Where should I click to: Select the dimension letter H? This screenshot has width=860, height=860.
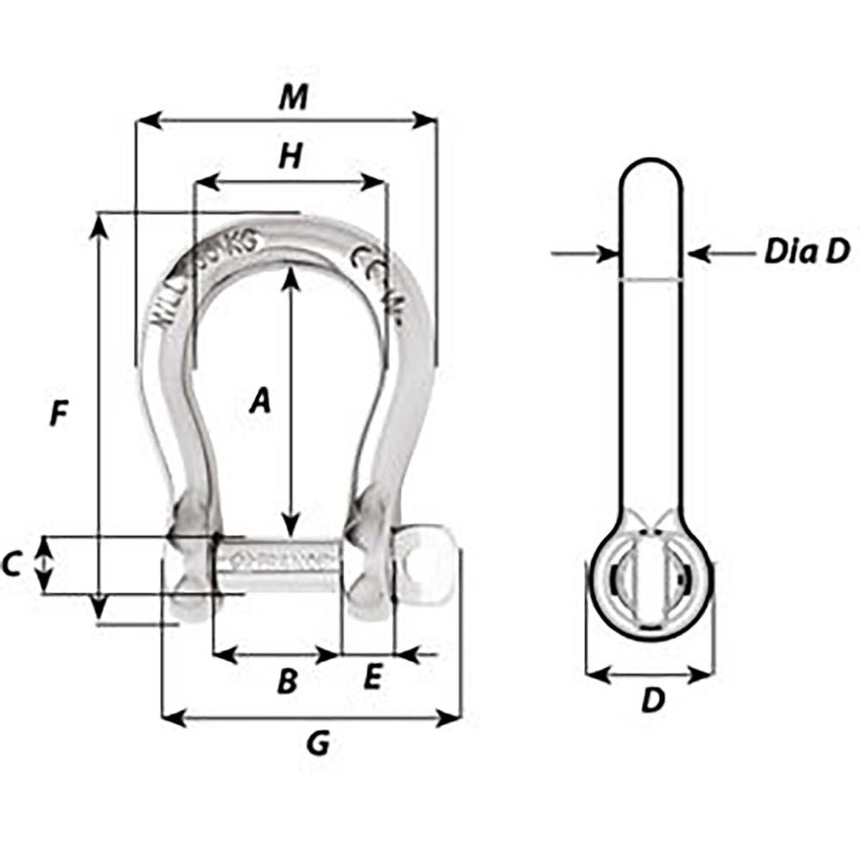click(x=289, y=157)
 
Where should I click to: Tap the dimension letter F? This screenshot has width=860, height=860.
click(x=58, y=414)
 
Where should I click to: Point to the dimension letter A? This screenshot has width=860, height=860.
click(x=260, y=399)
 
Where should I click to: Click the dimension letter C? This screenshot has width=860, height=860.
click(x=12, y=565)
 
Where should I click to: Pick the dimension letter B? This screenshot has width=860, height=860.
click(x=286, y=681)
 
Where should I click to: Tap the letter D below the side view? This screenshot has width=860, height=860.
click(x=652, y=700)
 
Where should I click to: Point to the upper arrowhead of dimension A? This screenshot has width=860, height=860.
click(x=291, y=273)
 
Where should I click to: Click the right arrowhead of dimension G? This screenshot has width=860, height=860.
click(x=453, y=718)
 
